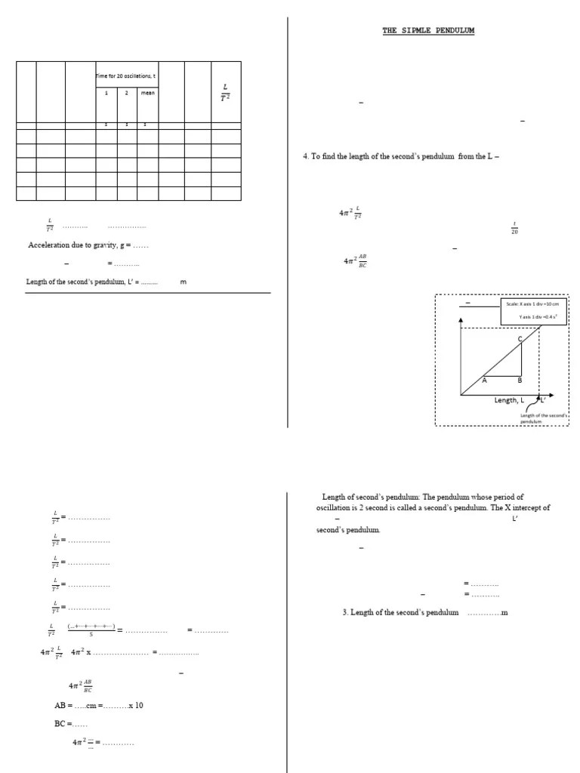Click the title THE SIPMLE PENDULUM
pos(428,31)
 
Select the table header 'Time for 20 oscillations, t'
pos(126,75)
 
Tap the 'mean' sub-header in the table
pos(147,94)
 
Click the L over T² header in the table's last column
pos(225,93)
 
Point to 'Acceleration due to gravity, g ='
pos(88,245)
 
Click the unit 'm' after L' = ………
pos(183,282)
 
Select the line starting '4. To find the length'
pos(401,156)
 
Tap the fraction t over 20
pos(514,228)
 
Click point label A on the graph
pos(485,380)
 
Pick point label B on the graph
pos(520,380)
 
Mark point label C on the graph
pos(520,339)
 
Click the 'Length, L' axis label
pos(509,400)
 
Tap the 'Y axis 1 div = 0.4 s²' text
pos(537,317)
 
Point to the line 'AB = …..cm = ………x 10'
pos(99,705)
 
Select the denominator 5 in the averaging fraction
pos(91,635)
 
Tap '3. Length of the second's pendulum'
pos(400,612)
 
